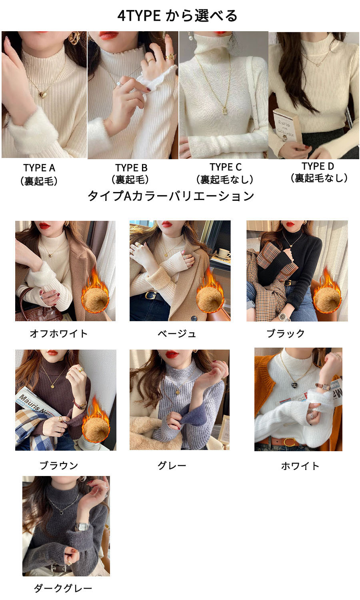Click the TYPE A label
click(x=39, y=168)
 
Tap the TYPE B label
click(x=131, y=168)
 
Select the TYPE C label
click(x=226, y=167)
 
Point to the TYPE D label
click(x=318, y=166)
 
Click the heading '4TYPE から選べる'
click(x=177, y=16)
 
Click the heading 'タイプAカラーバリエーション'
click(x=171, y=196)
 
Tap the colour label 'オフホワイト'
click(x=59, y=334)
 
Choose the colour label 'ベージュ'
click(x=177, y=334)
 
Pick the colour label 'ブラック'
click(x=286, y=334)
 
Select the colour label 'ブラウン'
click(x=59, y=466)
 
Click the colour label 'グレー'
click(x=172, y=466)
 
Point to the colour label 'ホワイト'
click(x=300, y=466)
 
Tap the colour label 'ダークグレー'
click(x=63, y=588)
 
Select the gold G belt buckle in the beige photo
click(x=151, y=296)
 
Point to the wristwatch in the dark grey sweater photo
click(x=82, y=526)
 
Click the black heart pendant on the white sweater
click(x=294, y=385)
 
